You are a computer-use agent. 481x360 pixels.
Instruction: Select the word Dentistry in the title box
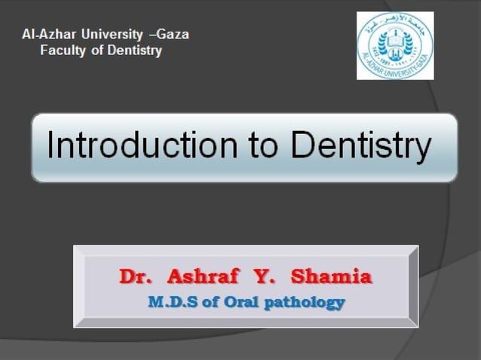click(x=361, y=146)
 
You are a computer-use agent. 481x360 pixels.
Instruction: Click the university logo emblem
click(x=395, y=45)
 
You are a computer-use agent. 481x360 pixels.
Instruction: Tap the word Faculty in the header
click(x=61, y=51)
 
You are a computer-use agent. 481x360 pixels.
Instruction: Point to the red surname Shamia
click(x=331, y=277)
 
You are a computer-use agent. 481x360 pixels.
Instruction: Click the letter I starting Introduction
click(x=51, y=146)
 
